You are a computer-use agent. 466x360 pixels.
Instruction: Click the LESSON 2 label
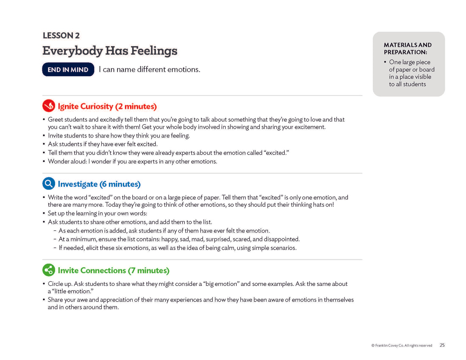[x=61, y=35]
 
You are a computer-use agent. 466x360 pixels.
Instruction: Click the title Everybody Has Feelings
[x=110, y=51]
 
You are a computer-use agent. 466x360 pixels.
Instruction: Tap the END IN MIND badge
[x=68, y=70]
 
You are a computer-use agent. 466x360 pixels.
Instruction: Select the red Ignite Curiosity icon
[x=49, y=106]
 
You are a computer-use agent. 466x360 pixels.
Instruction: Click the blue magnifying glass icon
[x=49, y=184]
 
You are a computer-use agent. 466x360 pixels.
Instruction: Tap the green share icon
[x=49, y=270]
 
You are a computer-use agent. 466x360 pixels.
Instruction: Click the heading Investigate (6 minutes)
[x=99, y=184]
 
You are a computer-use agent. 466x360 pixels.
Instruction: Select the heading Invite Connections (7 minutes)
[x=114, y=270]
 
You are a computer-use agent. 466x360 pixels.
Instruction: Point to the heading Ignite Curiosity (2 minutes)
[x=107, y=106]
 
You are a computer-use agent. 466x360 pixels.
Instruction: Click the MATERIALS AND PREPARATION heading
[x=407, y=49]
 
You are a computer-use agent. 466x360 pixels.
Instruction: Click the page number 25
[x=442, y=345]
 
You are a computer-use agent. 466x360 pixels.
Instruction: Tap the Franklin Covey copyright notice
[x=402, y=345]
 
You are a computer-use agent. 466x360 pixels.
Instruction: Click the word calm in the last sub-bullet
[x=227, y=248]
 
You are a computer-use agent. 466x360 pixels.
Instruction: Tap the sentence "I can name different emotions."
[x=150, y=70]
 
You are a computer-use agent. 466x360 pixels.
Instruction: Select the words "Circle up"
[x=60, y=284]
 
